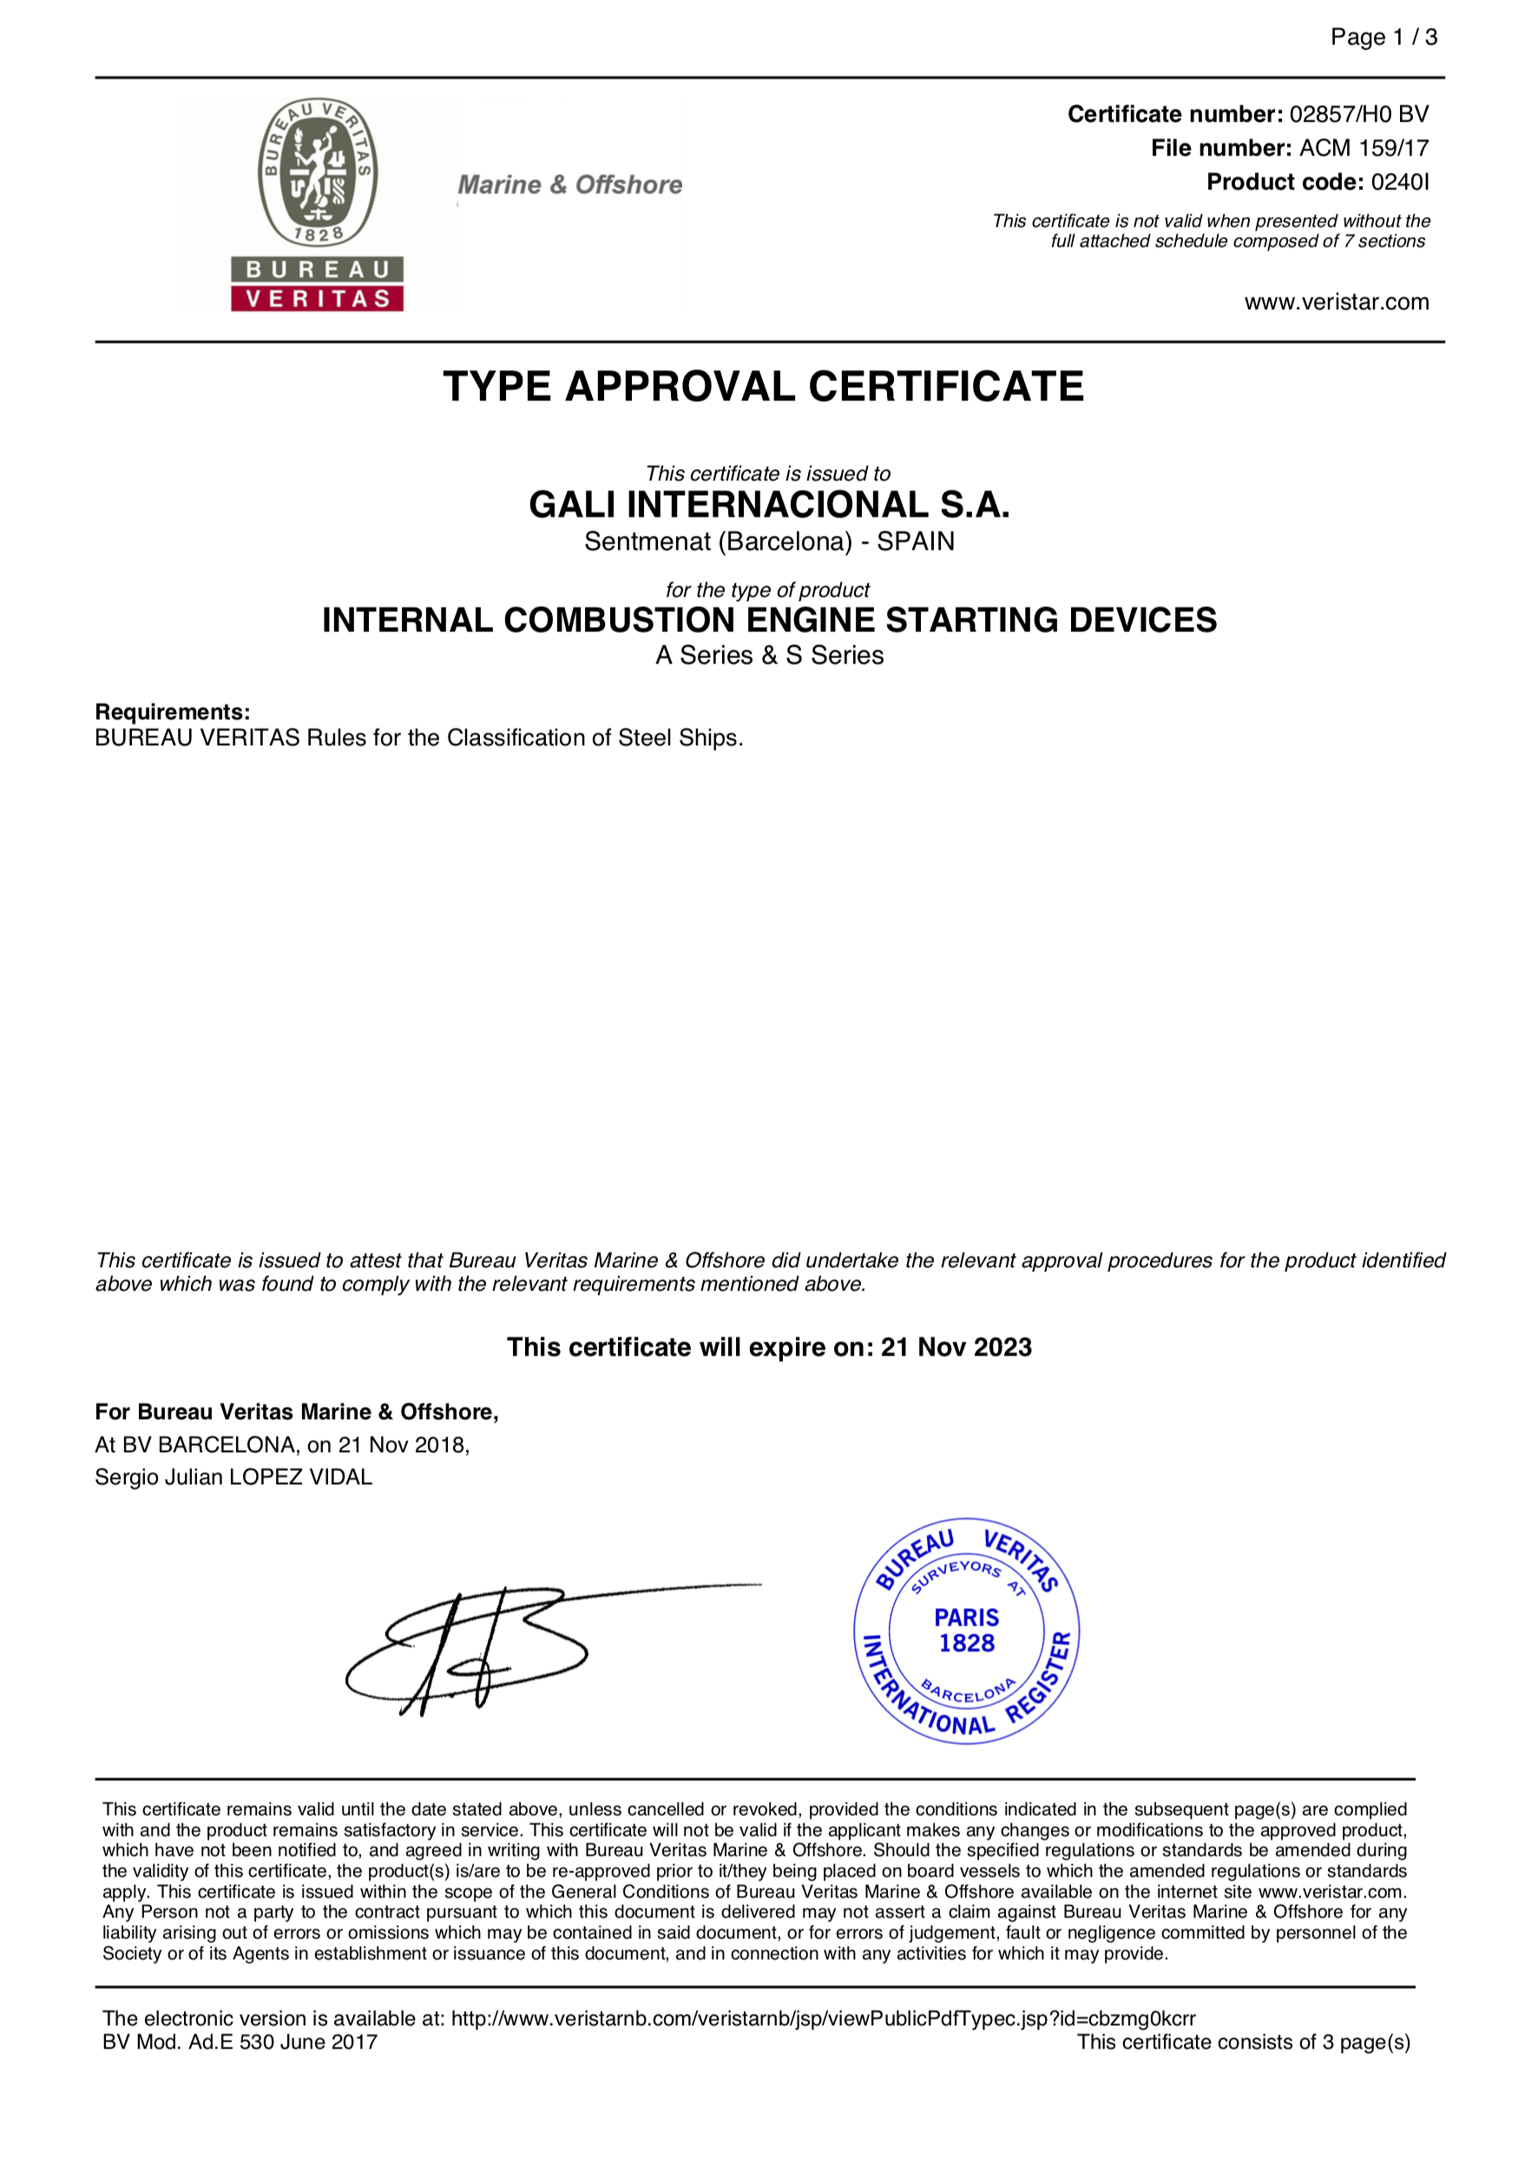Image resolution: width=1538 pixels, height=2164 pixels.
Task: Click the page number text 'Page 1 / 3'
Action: (1383, 37)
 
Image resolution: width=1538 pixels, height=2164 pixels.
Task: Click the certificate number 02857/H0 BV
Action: (1358, 115)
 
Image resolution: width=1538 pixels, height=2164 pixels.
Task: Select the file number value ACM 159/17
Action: (1363, 148)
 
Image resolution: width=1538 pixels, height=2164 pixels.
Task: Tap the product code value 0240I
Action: (1400, 181)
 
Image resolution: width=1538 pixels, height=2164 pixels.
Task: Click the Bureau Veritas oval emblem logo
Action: (318, 173)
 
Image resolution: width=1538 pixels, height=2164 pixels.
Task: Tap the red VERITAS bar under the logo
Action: (318, 299)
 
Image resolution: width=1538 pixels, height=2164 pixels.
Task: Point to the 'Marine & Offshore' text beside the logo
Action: (569, 185)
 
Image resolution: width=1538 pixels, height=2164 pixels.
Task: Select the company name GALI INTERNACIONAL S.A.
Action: (769, 505)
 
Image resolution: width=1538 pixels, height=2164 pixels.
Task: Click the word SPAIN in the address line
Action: (915, 542)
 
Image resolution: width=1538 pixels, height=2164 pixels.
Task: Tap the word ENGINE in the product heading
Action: (811, 621)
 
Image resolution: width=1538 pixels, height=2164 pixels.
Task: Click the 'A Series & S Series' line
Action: (769, 656)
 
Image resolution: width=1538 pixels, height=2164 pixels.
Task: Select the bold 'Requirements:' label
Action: (173, 711)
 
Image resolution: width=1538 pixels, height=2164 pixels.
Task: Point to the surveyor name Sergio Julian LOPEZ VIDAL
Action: (233, 1477)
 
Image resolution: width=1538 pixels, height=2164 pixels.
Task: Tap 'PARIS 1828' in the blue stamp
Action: (966, 1630)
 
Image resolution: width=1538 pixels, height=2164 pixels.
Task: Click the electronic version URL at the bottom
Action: (822, 2019)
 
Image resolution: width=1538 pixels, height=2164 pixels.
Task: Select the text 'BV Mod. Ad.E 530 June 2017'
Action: (240, 2042)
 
